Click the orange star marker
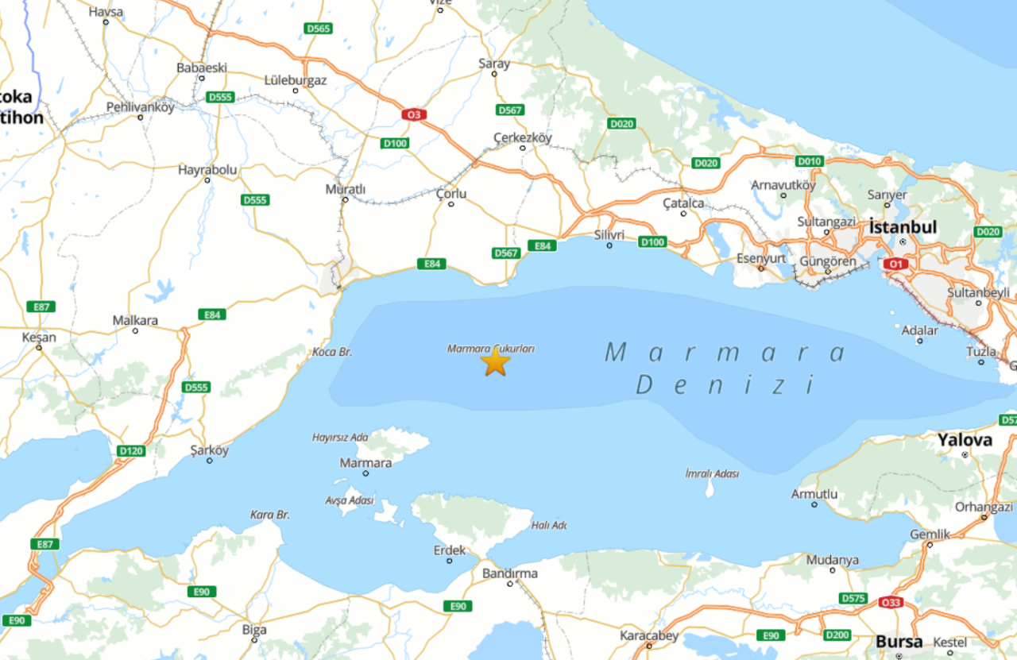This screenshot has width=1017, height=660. click(x=495, y=362)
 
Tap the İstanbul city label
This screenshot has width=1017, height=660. click(x=903, y=227)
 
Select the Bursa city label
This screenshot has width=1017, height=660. click(x=899, y=641)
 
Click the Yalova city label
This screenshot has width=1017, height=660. click(x=965, y=440)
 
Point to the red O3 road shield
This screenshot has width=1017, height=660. click(x=412, y=115)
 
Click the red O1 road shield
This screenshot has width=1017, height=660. click(x=895, y=264)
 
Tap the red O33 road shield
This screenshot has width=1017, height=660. click(x=891, y=603)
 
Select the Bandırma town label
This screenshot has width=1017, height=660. click(x=510, y=573)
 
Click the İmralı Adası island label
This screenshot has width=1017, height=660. click(x=711, y=473)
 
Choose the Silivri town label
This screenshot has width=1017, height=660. click(x=609, y=235)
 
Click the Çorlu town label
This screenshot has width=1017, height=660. click(x=451, y=194)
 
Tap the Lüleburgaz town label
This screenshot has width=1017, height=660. click(x=296, y=80)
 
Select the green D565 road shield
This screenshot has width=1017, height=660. click(x=319, y=29)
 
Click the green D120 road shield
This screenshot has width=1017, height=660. click(x=131, y=451)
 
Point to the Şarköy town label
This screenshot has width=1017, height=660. click(x=209, y=450)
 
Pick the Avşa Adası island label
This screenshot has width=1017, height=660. click(x=350, y=500)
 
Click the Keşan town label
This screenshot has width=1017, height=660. click(x=39, y=337)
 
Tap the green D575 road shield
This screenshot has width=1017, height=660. click(x=853, y=598)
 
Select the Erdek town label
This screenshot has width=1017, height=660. click(x=450, y=550)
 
